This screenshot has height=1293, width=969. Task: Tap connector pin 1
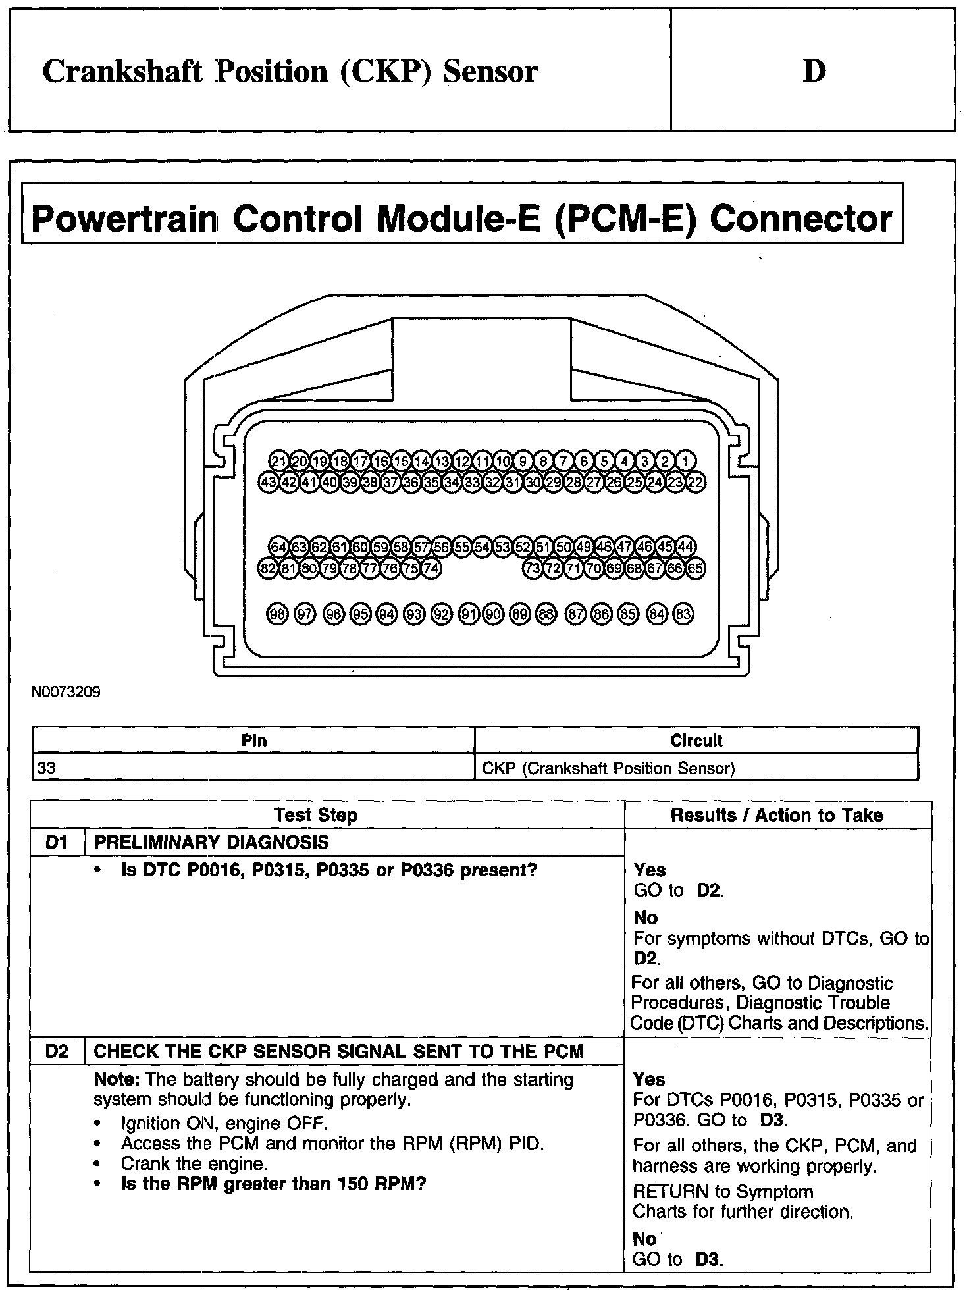(x=686, y=461)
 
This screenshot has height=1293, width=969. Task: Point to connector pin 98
(x=278, y=614)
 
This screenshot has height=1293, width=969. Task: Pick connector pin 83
(x=684, y=614)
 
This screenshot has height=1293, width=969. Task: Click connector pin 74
(x=431, y=568)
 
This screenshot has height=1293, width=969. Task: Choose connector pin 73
(x=533, y=568)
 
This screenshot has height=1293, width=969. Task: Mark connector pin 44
(x=686, y=546)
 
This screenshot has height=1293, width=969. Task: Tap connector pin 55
(x=462, y=546)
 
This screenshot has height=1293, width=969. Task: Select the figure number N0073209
(x=66, y=692)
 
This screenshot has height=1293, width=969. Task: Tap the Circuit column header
(x=696, y=741)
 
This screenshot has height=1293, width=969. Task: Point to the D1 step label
(x=58, y=842)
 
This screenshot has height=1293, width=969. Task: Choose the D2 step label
(x=58, y=1051)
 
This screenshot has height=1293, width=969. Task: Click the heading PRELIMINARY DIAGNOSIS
(x=211, y=842)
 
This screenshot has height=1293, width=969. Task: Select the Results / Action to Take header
(x=777, y=815)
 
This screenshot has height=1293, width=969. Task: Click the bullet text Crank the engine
(x=194, y=1163)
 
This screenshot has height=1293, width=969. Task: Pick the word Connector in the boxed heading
(x=800, y=219)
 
